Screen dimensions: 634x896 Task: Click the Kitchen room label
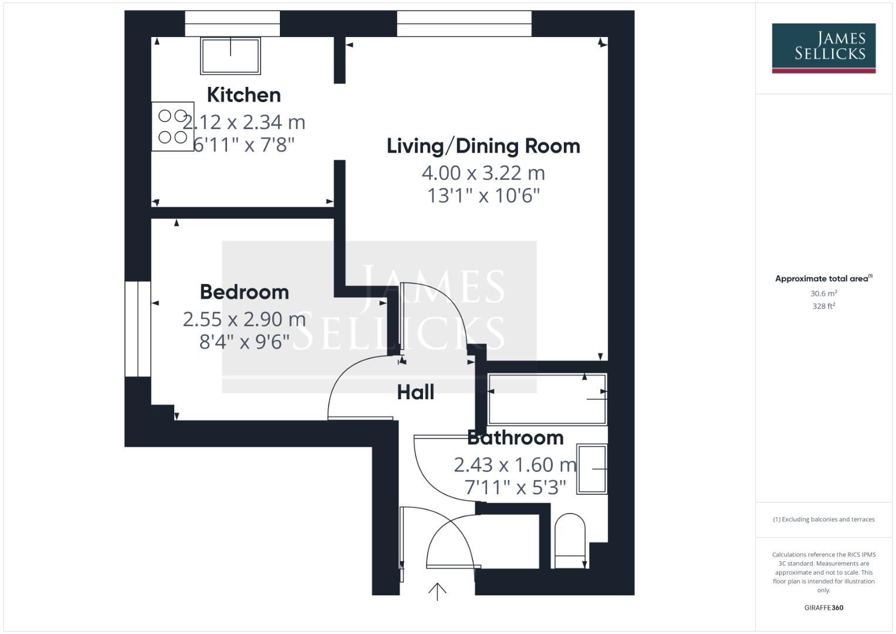(x=244, y=95)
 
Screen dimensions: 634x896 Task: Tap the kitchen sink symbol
(x=231, y=56)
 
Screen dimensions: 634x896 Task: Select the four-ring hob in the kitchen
(x=173, y=127)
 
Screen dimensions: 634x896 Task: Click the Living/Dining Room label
(x=483, y=146)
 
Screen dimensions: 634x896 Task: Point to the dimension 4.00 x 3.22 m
(x=483, y=173)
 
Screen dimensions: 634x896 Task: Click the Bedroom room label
(x=244, y=292)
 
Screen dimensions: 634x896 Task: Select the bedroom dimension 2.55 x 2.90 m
(x=244, y=319)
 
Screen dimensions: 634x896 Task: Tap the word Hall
(x=415, y=392)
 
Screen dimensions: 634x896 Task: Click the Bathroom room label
(x=515, y=437)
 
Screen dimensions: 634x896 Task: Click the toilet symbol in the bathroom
(x=570, y=541)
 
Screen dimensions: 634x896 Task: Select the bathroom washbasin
(x=592, y=469)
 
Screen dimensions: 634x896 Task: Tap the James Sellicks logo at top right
(x=823, y=48)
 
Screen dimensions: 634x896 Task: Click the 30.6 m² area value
(x=823, y=294)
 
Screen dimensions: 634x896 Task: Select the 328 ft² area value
(x=823, y=306)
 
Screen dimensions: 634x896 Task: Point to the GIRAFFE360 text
(x=823, y=608)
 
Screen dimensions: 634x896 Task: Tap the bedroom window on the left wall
(x=138, y=329)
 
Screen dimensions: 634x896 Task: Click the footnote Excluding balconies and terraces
(x=823, y=520)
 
